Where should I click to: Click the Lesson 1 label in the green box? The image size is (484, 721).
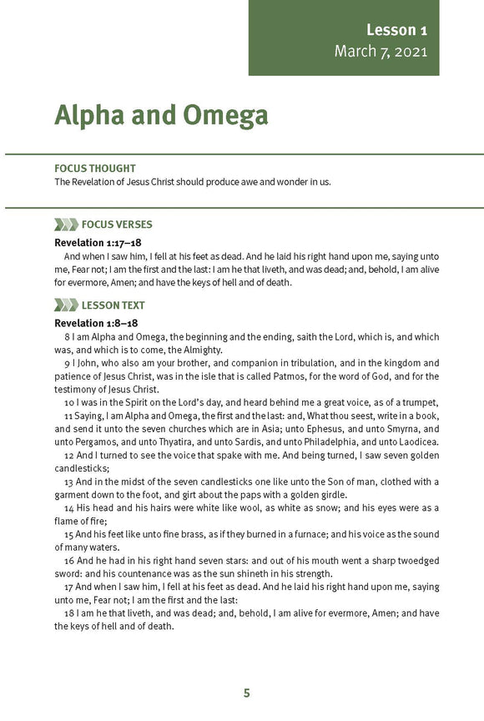coord(396,30)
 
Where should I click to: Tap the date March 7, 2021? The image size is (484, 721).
coord(381,52)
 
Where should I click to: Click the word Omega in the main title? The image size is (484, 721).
coord(221,115)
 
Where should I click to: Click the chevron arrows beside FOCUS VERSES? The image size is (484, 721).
coord(66,224)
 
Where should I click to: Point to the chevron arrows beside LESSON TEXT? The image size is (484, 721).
coord(66,305)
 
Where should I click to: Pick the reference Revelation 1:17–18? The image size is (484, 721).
coord(97,242)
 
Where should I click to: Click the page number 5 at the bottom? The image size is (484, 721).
coord(246,693)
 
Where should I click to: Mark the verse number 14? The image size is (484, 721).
coord(69,507)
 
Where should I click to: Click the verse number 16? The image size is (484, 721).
coord(69,561)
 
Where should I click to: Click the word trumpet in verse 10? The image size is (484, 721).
coord(419,402)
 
